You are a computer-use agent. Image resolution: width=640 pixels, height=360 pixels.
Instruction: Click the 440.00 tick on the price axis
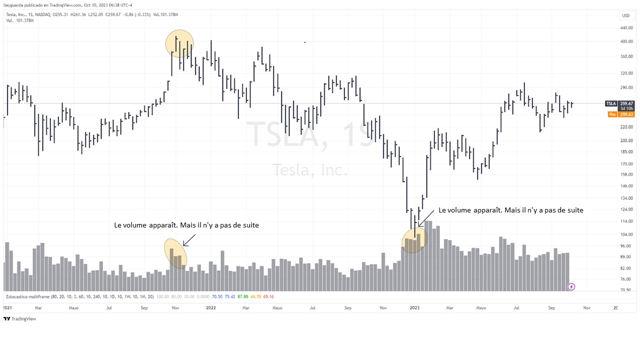(x=626, y=28)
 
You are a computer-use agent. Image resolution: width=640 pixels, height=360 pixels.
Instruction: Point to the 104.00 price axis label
(x=626, y=234)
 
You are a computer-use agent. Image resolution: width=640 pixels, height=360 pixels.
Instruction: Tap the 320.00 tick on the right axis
(x=626, y=73)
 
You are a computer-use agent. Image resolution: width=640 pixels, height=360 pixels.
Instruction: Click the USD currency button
(x=625, y=15)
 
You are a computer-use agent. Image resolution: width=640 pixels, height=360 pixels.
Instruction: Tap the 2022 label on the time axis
(x=211, y=308)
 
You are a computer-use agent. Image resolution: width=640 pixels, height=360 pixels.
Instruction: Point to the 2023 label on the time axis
(x=415, y=308)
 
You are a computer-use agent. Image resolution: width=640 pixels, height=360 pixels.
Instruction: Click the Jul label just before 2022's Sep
(x=312, y=308)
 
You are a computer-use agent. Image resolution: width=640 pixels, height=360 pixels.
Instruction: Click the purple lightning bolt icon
(x=571, y=286)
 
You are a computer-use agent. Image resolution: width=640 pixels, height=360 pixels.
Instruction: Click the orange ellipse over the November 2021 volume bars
(x=175, y=253)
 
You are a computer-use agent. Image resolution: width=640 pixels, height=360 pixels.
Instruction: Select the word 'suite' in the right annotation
(x=574, y=210)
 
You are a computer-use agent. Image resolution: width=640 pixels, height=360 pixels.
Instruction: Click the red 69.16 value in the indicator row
(x=268, y=296)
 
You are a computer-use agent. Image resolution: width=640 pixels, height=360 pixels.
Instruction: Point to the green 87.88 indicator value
(x=242, y=296)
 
